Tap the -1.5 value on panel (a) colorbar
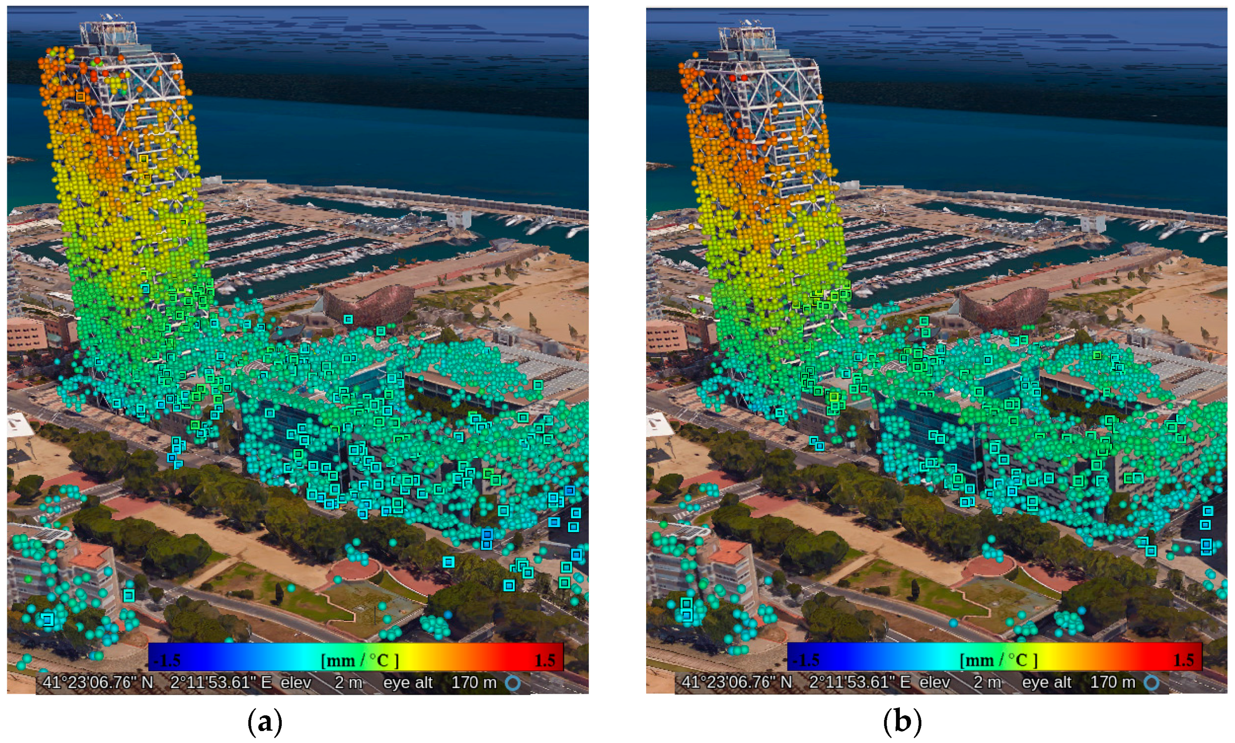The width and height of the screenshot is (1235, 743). pos(167,660)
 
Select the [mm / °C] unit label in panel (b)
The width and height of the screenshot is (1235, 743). pos(998,660)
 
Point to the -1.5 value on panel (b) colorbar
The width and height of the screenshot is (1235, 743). pos(806,660)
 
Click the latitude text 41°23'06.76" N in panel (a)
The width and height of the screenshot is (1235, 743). pos(98,682)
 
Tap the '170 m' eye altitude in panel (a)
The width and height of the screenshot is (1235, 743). pos(474,682)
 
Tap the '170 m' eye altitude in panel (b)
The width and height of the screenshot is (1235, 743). pos(1112,682)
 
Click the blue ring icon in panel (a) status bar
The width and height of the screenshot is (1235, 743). pos(512,682)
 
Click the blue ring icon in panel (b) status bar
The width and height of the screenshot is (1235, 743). pos(1151,682)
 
